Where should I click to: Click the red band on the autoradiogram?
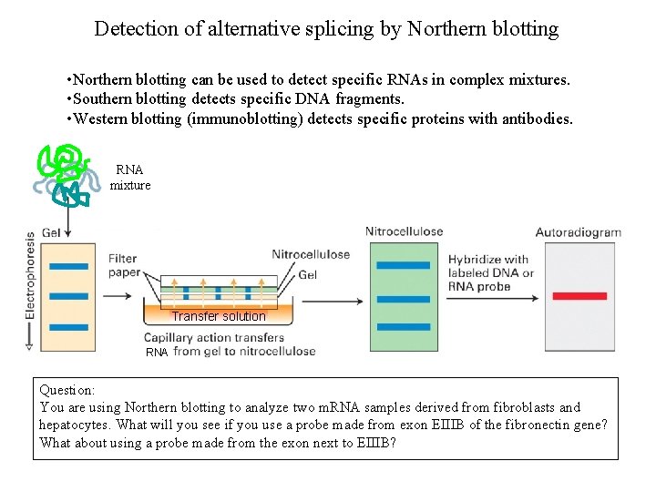pyautogui.click(x=579, y=296)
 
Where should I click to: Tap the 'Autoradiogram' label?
pyautogui.click(x=578, y=232)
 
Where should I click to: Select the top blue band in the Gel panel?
pyautogui.click(x=68, y=266)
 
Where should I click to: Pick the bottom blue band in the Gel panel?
pyautogui.click(x=68, y=327)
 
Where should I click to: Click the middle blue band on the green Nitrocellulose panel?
pyautogui.click(x=404, y=298)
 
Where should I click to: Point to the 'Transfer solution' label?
pyautogui.click(x=219, y=316)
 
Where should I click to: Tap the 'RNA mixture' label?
pyautogui.click(x=129, y=178)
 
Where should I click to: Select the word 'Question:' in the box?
pyautogui.click(x=67, y=390)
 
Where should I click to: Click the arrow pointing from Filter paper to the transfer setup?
pyautogui.click(x=119, y=295)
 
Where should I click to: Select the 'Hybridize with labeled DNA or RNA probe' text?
pyautogui.click(x=490, y=272)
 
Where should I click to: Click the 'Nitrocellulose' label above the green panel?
pyautogui.click(x=404, y=231)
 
